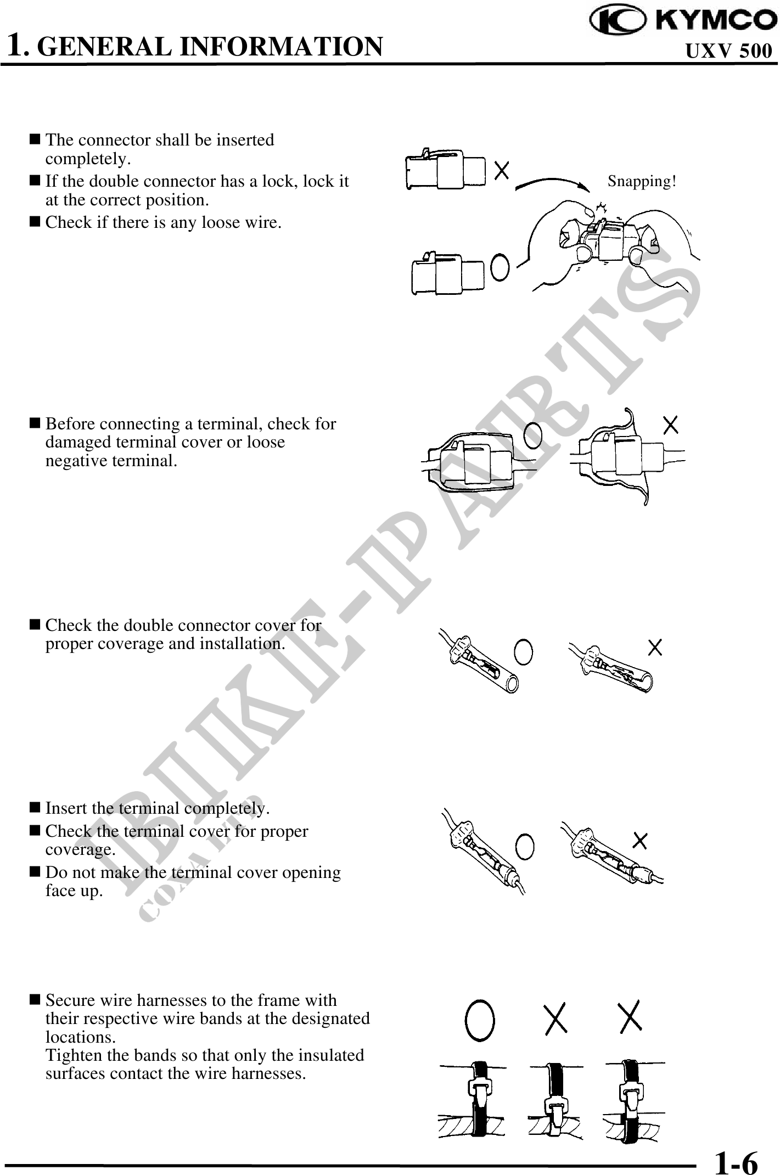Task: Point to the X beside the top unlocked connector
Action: pos(501,170)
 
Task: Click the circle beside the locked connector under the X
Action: pos(500,267)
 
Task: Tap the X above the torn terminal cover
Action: pos(671,424)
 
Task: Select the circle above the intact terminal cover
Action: pos(533,435)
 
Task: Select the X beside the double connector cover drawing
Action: pos(655,648)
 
